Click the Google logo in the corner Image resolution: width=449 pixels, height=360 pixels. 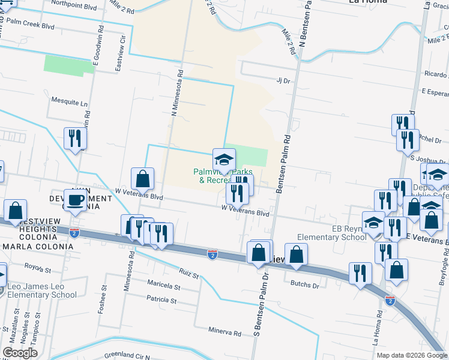(x=20, y=353)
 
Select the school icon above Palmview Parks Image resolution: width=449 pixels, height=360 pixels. (x=224, y=160)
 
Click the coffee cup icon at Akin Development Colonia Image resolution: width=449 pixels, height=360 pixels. (x=75, y=199)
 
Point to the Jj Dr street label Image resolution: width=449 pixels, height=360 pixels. (x=283, y=80)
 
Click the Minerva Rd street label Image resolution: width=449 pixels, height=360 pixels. (x=224, y=332)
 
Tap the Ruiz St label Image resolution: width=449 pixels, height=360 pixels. (x=188, y=275)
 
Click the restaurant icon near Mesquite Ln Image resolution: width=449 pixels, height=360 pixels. (x=75, y=139)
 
